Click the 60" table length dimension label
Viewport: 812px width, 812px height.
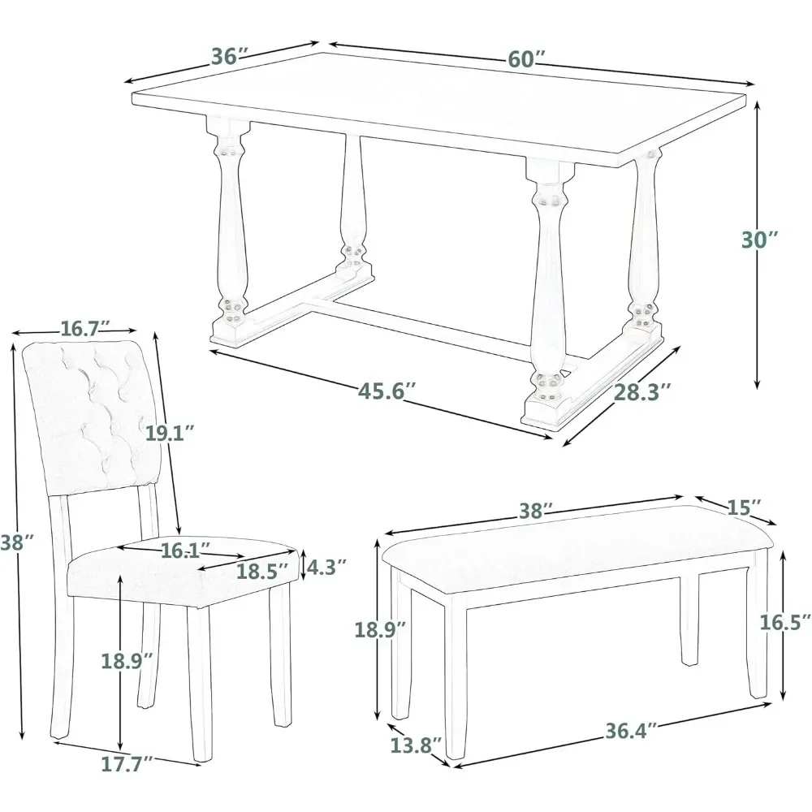[526, 59]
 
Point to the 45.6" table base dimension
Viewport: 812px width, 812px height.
[388, 390]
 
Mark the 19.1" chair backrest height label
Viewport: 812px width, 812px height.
[171, 433]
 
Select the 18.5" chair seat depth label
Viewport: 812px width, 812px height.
[262, 571]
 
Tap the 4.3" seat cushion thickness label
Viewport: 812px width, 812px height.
[329, 566]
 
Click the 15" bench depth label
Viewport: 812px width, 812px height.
[743, 506]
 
